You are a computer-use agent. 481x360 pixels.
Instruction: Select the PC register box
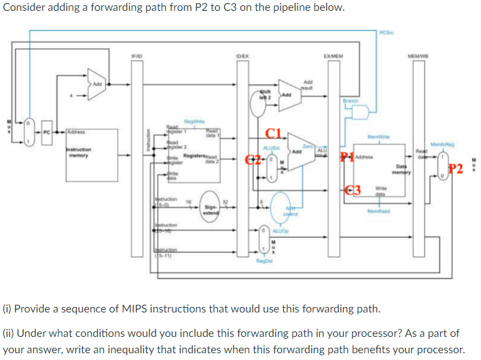46,131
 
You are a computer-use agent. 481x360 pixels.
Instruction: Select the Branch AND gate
361,110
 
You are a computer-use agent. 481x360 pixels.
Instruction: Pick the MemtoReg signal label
443,144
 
